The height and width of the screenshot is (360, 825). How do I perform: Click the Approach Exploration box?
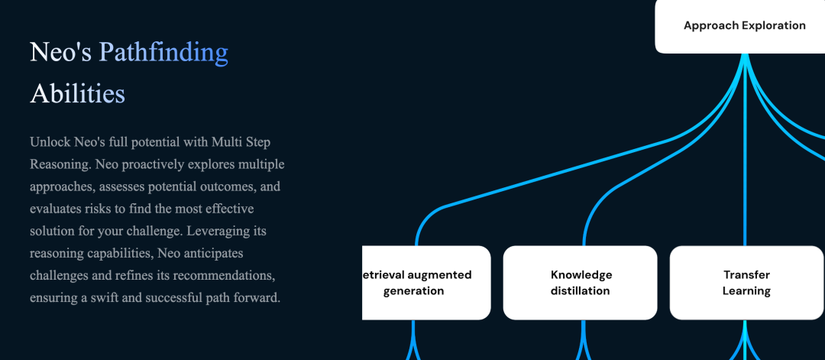[x=739, y=26]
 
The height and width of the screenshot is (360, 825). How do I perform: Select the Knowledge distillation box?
[x=581, y=283]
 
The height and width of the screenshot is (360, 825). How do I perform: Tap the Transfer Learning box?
[x=746, y=283]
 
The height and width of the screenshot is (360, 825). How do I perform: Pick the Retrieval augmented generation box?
[x=426, y=283]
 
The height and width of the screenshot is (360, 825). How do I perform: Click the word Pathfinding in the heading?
[x=163, y=52]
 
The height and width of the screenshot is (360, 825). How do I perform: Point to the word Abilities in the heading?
[x=77, y=94]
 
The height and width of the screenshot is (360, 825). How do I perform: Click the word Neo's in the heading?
[x=60, y=52]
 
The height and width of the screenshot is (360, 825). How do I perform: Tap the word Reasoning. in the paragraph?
[x=62, y=164]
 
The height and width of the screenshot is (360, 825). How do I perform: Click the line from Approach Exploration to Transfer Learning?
[x=745, y=150]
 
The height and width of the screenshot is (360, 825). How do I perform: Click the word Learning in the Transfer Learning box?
[x=746, y=290]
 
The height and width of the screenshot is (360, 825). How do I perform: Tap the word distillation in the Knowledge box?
[x=581, y=290]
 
